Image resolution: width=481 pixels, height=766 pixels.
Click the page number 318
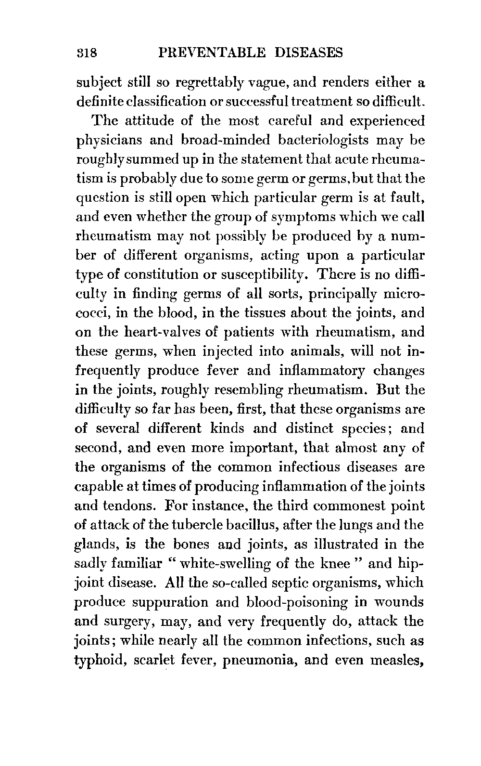[87, 52]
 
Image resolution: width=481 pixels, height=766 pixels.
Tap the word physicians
[108, 141]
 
